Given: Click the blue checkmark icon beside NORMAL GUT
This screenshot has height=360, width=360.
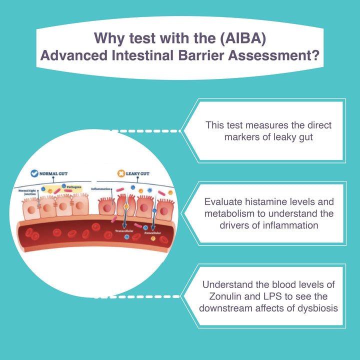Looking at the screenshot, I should [34, 173].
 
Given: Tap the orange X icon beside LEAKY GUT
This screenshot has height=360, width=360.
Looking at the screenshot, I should [121, 173].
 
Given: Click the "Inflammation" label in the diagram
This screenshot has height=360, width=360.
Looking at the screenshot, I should [102, 189].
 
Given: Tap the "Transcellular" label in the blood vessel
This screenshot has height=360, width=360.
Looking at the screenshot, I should [123, 231].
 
